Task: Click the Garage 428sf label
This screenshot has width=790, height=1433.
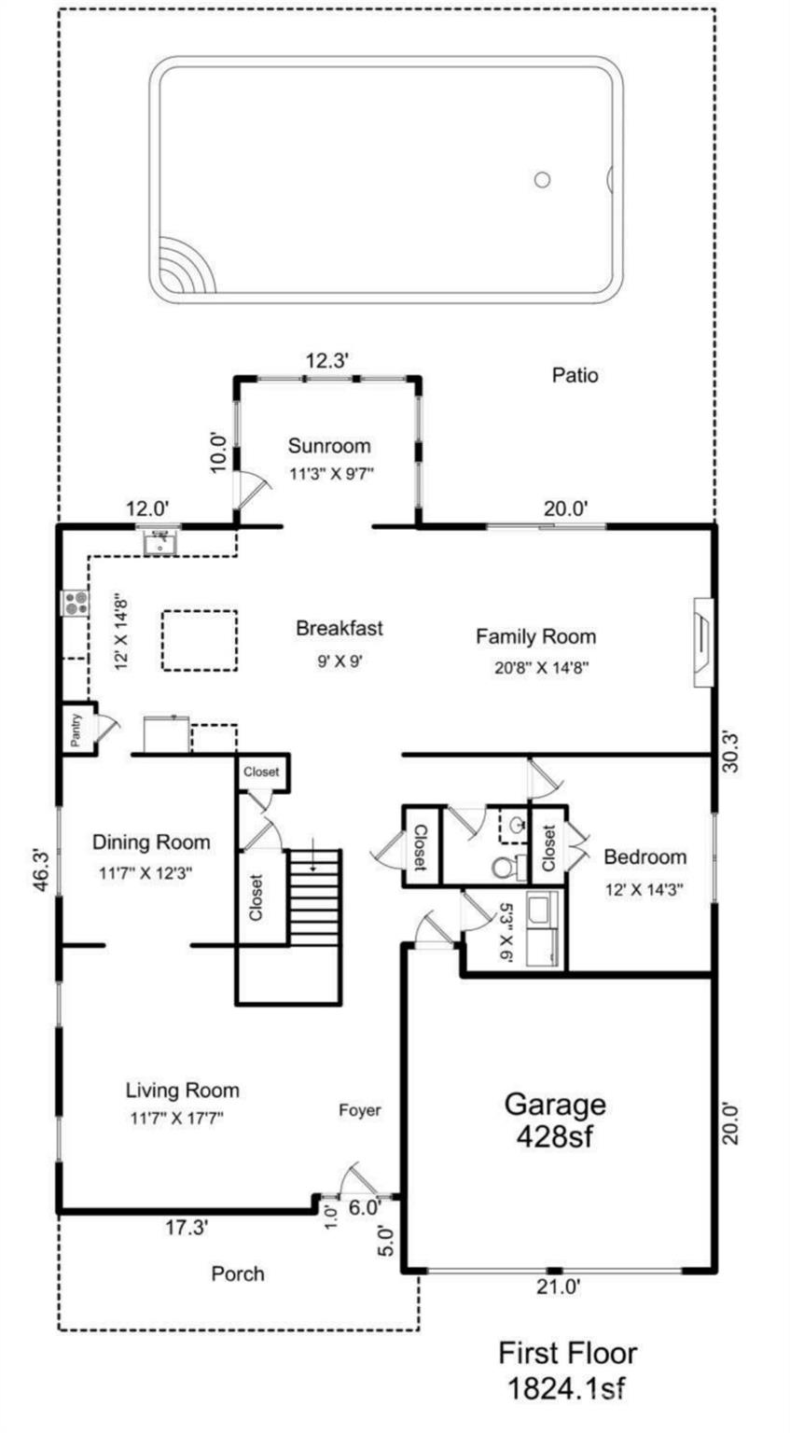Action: click(555, 1120)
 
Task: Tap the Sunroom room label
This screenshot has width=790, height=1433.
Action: click(328, 445)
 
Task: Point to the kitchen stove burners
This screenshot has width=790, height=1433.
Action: click(75, 603)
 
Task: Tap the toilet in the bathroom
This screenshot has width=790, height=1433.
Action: click(505, 868)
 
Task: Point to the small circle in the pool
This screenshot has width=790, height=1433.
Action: click(542, 180)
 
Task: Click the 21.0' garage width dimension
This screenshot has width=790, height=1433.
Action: click(557, 1287)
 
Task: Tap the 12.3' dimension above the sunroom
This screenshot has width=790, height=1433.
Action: click(327, 359)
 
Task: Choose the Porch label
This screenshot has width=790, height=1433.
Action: click(238, 1273)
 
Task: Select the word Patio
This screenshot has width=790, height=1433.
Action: click(575, 376)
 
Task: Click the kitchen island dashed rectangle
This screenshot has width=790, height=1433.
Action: click(200, 641)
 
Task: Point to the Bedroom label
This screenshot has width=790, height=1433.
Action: click(644, 856)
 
